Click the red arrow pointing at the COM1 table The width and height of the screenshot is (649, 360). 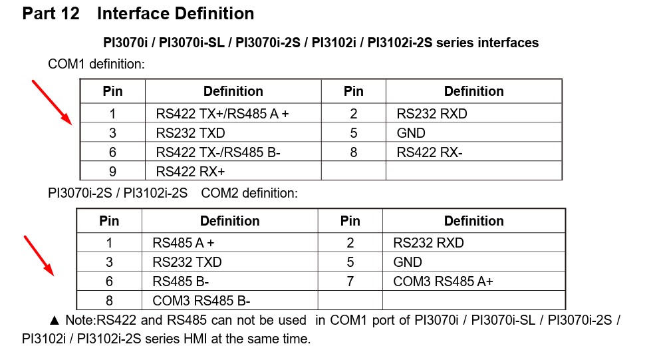click(x=52, y=101)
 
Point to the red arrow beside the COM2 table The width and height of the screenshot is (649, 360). click(x=39, y=254)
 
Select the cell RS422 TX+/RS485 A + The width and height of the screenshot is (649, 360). click(x=222, y=114)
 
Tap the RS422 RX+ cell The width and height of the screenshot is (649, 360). click(x=190, y=172)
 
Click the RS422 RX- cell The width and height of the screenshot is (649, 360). click(x=429, y=152)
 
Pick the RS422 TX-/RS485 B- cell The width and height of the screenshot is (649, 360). click(x=218, y=152)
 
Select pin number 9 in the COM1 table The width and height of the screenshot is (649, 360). click(x=112, y=172)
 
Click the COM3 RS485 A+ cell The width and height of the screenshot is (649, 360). click(x=443, y=281)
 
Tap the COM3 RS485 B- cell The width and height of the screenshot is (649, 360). click(x=201, y=301)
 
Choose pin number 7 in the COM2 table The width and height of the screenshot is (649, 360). click(x=350, y=281)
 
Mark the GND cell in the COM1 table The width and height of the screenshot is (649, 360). click(x=410, y=133)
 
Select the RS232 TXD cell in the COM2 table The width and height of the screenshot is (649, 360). click(x=187, y=262)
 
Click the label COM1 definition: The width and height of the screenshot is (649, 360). click(x=96, y=65)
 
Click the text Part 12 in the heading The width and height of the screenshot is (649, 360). click(x=51, y=13)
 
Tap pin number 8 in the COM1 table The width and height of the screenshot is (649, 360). click(x=353, y=152)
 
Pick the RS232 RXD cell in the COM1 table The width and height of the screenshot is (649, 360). click(x=432, y=114)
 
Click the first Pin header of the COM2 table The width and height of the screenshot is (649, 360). click(x=109, y=221)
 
